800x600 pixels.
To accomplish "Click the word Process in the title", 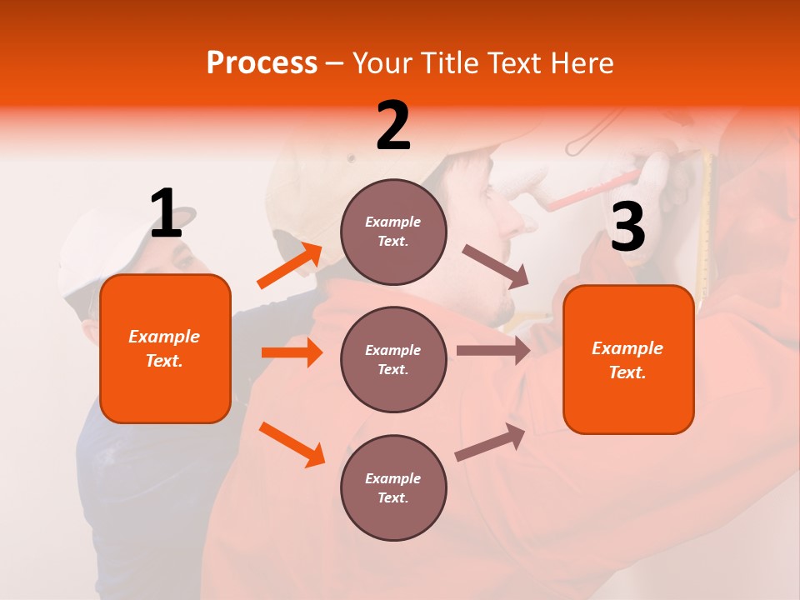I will pos(262,63).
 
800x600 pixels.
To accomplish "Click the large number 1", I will pos(166,213).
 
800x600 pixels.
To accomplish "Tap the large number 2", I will pos(393,126).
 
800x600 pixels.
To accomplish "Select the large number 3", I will pos(627,227).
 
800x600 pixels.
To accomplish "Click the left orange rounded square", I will pos(165,348).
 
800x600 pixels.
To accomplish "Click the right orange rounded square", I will pos(628,359).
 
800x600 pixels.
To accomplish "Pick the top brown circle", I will pos(393,232).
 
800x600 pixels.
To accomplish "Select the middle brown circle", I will pos(393,359).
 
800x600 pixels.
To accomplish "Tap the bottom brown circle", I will pos(393,487).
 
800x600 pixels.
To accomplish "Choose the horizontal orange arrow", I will pos(292,352).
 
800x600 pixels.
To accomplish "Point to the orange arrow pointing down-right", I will pos(292,444).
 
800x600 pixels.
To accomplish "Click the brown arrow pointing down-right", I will pos(495,266).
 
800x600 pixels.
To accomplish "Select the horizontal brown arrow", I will pos(492,350).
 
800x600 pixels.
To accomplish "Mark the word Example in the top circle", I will pos(393,222).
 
